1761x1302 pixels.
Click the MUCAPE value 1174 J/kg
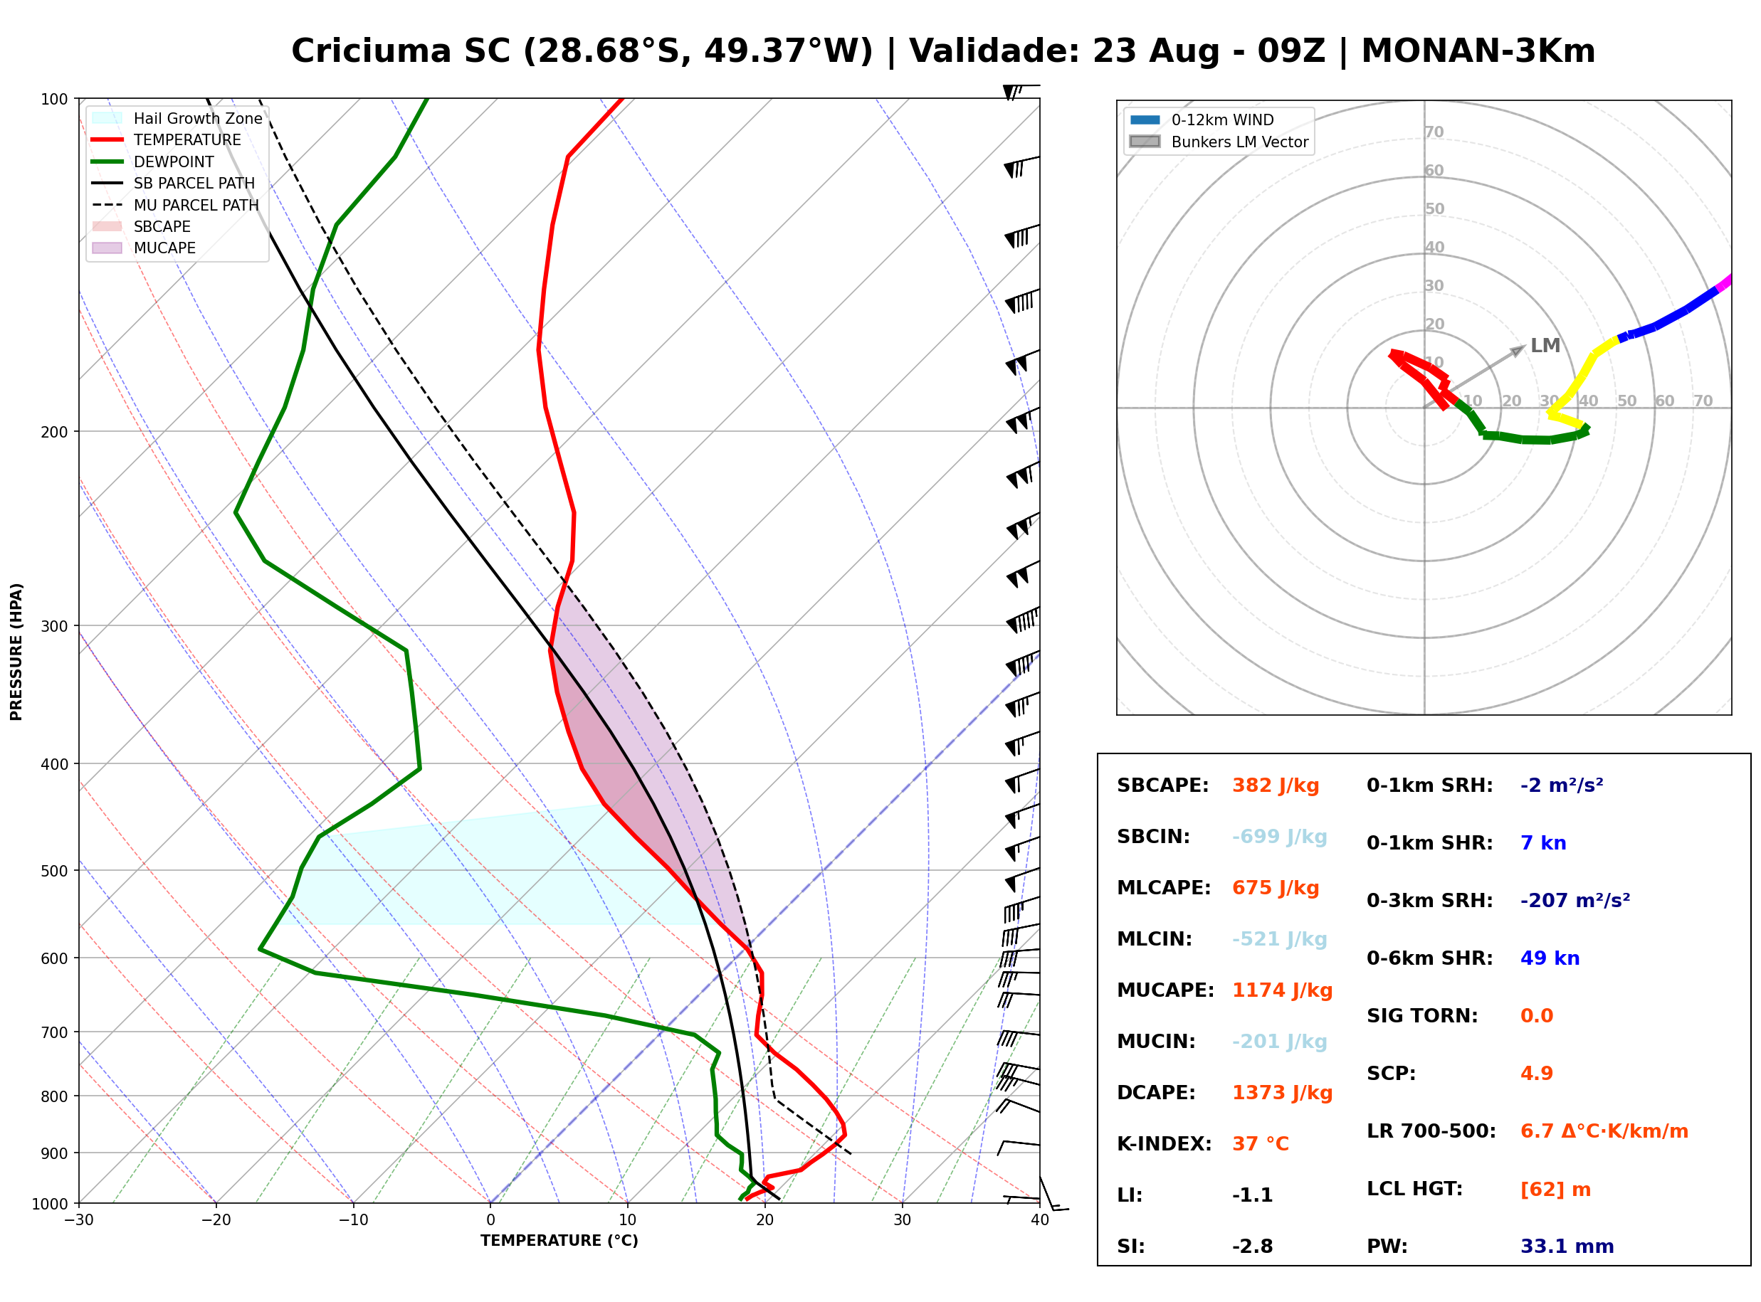(x=1282, y=990)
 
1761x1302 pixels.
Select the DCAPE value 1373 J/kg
(x=1282, y=1092)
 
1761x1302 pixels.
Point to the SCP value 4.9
(x=1536, y=1073)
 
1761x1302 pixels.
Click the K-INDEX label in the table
(x=1164, y=1143)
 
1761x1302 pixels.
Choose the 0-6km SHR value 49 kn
(x=1550, y=958)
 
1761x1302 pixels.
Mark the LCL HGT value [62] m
(x=1555, y=1190)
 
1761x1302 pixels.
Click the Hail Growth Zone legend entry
(x=177, y=118)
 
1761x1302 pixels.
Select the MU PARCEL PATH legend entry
(x=176, y=205)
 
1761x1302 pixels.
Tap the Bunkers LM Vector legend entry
(x=1219, y=142)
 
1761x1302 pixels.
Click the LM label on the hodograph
(x=1545, y=345)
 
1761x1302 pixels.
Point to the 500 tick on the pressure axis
(x=54, y=871)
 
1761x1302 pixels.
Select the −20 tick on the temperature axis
(x=216, y=1220)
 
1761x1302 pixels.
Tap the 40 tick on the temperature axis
(x=1040, y=1220)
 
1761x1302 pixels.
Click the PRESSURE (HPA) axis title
(x=16, y=652)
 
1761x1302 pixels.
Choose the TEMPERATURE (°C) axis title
(x=559, y=1241)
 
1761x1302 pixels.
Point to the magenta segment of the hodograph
(x=1723, y=283)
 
